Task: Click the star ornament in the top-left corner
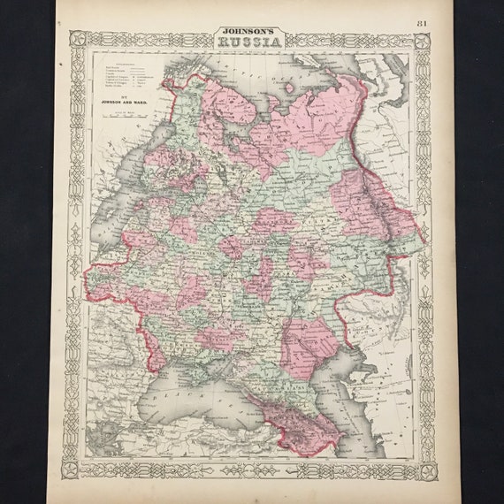coord(77,39)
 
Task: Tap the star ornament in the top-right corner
coord(423,40)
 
